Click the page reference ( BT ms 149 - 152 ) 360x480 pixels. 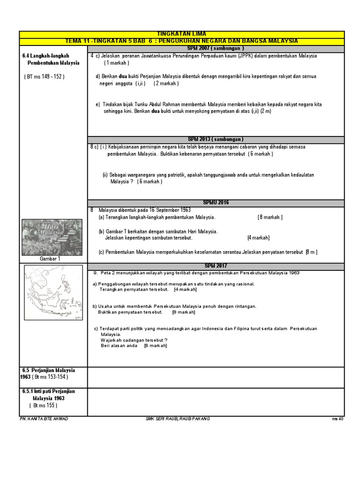44,77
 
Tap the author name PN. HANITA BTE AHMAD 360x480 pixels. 45,419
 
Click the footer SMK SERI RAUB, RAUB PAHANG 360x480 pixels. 178,419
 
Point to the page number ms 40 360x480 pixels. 337,419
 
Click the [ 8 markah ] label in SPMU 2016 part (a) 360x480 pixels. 270,217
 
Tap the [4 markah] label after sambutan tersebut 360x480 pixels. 258,238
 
